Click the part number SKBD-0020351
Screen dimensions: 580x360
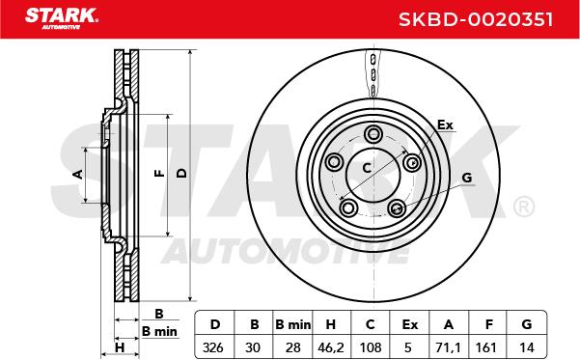tap(476, 19)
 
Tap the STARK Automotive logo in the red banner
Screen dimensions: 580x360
tap(62, 18)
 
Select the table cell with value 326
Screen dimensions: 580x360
tap(214, 347)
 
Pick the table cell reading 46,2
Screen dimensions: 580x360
tap(331, 347)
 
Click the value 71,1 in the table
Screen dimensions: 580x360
tap(448, 347)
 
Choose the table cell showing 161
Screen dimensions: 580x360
tap(486, 347)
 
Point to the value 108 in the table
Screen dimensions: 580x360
tap(371, 347)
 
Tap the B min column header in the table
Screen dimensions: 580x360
tap(293, 324)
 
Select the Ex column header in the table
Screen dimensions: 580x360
tap(409, 324)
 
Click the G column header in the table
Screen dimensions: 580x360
tap(526, 324)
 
